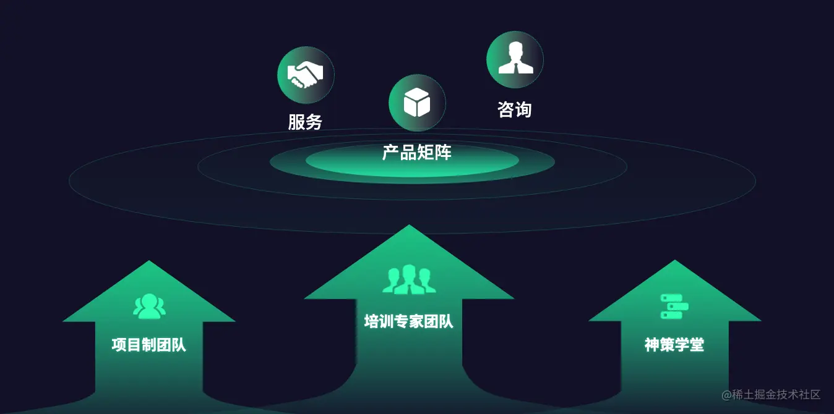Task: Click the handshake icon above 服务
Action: click(x=306, y=75)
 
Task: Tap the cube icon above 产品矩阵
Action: click(x=417, y=103)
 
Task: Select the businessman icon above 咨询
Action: click(x=515, y=59)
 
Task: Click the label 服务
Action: click(x=305, y=122)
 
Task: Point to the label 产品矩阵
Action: click(x=417, y=153)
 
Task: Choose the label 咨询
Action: click(x=515, y=110)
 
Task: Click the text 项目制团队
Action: click(x=149, y=345)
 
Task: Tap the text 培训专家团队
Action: click(x=409, y=321)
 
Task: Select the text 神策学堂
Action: click(x=674, y=345)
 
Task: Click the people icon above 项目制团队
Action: click(x=149, y=306)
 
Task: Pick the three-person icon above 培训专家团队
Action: click(x=409, y=279)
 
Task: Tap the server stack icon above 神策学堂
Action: click(x=674, y=306)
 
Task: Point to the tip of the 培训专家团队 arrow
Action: click(x=409, y=226)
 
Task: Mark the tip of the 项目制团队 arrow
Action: click(x=149, y=262)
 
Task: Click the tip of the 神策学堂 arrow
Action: click(x=674, y=261)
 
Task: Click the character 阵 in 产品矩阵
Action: click(x=443, y=153)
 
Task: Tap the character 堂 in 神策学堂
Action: click(x=697, y=345)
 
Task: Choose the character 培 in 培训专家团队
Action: click(x=372, y=321)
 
